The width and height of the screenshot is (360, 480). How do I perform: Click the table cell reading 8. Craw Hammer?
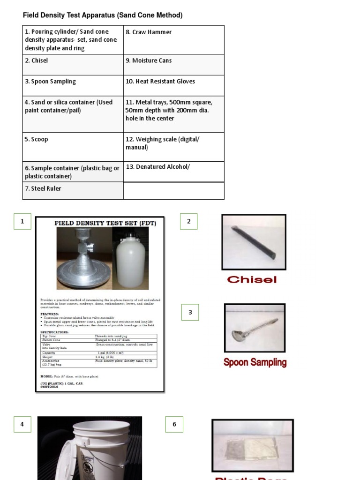click(x=174, y=40)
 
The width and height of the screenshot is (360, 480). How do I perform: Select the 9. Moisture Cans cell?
click(x=174, y=65)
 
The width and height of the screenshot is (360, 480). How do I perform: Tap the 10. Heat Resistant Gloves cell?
click(x=174, y=85)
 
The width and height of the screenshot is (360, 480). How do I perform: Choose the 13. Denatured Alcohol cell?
click(x=174, y=172)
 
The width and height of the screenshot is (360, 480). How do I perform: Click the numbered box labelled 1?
click(x=22, y=222)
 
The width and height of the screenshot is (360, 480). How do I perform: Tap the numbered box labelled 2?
click(x=189, y=222)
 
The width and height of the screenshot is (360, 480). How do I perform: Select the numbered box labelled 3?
click(x=190, y=312)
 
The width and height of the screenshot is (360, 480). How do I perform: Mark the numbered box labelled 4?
click(x=22, y=425)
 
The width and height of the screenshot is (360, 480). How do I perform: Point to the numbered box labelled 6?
click(x=174, y=425)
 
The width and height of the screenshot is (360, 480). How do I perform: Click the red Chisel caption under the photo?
click(x=252, y=280)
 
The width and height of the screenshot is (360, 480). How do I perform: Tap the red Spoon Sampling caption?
click(x=255, y=362)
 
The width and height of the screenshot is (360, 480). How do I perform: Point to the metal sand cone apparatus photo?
click(x=83, y=258)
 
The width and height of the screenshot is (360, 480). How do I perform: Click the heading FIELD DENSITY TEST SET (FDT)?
click(x=105, y=223)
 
